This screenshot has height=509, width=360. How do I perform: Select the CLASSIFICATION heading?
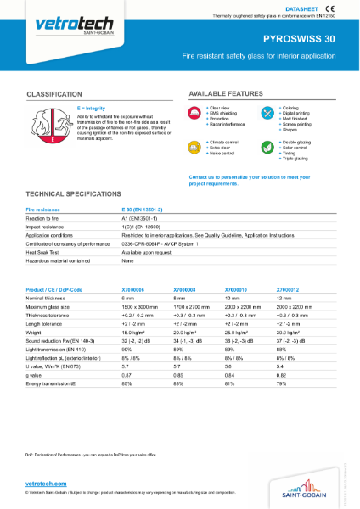click(60, 92)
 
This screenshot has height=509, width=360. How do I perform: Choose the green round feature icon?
click(268, 147)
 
